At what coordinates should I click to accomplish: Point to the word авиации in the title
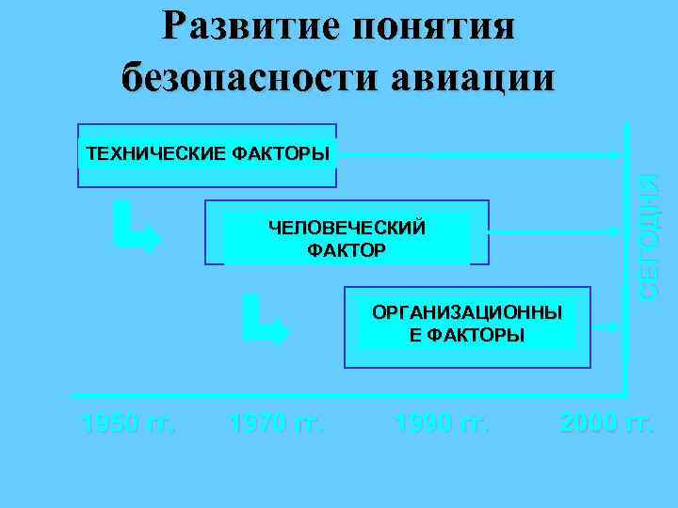[x=476, y=75]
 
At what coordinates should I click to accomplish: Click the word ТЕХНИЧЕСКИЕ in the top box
[x=153, y=154]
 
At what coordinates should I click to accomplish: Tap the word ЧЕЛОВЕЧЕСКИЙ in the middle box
[x=347, y=228]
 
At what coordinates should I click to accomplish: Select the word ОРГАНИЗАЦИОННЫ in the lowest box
[x=467, y=313]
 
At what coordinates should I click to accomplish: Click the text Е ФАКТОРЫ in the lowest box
[x=467, y=335]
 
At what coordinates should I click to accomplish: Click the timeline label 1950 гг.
[x=128, y=423]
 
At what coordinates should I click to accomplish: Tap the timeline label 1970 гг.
[x=276, y=423]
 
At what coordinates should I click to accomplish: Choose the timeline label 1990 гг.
[x=443, y=423]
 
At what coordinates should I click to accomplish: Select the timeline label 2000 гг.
[x=606, y=423]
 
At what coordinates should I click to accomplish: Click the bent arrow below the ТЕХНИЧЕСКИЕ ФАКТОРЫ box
[x=133, y=226]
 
